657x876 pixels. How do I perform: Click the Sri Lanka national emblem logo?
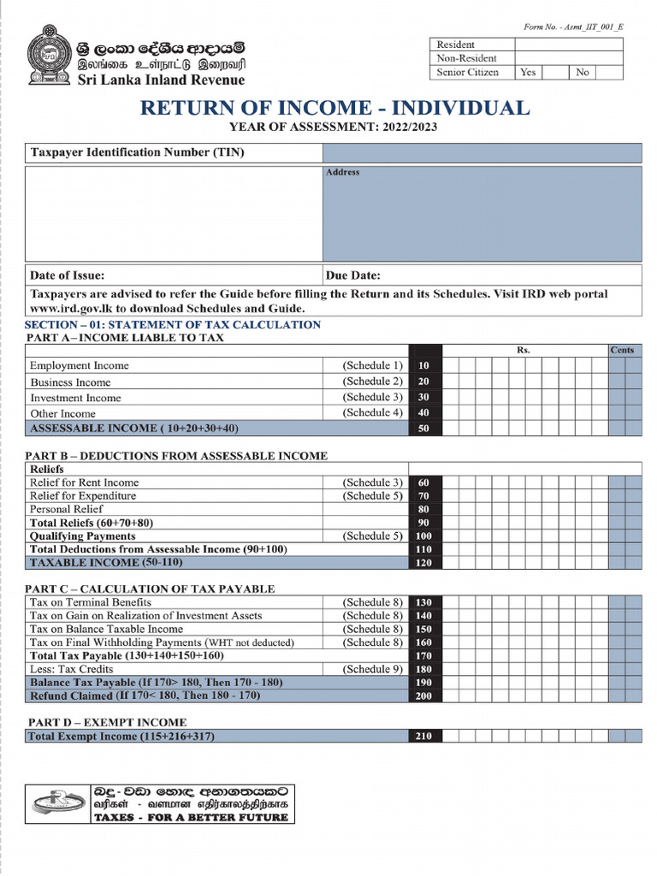point(50,56)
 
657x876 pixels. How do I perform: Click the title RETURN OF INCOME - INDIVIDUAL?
point(334,109)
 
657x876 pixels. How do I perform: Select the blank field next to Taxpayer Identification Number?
point(482,153)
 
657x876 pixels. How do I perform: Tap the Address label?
point(343,173)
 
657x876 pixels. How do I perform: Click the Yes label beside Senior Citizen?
point(528,73)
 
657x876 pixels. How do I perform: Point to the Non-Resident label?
point(466,58)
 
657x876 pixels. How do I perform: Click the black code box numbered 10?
point(424,366)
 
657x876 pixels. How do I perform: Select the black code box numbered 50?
point(424,429)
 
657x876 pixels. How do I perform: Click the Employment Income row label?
point(80,366)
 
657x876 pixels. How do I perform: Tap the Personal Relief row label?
point(66,509)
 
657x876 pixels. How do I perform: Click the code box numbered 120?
point(424,563)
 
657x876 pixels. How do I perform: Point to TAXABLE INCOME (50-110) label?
point(106,563)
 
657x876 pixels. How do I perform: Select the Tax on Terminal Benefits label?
point(90,602)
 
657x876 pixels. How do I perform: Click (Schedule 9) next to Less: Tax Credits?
point(372,669)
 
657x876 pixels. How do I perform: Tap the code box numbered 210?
point(424,737)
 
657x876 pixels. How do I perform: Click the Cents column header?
point(622,351)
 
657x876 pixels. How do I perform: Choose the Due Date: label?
point(353,275)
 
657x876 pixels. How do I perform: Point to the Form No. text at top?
point(573,27)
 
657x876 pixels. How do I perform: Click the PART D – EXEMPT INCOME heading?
point(105,723)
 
